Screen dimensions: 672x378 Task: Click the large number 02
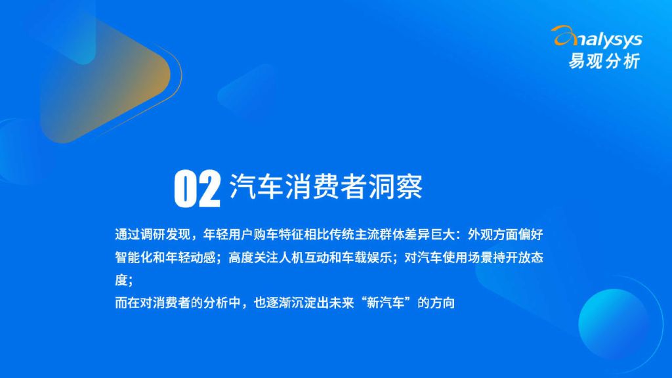[x=197, y=188]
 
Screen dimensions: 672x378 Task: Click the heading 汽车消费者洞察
[x=326, y=186]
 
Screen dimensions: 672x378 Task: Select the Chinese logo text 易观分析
[x=604, y=61]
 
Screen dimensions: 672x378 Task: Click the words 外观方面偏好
[x=505, y=234]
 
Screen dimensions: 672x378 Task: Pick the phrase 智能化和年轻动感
[x=165, y=257]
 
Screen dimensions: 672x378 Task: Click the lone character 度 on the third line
[x=121, y=280]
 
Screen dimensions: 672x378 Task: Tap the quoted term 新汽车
[x=386, y=303]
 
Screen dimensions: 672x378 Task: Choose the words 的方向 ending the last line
[x=436, y=303]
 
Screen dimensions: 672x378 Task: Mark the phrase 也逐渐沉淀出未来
[x=304, y=303]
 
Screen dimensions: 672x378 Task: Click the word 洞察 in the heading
[x=396, y=186]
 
